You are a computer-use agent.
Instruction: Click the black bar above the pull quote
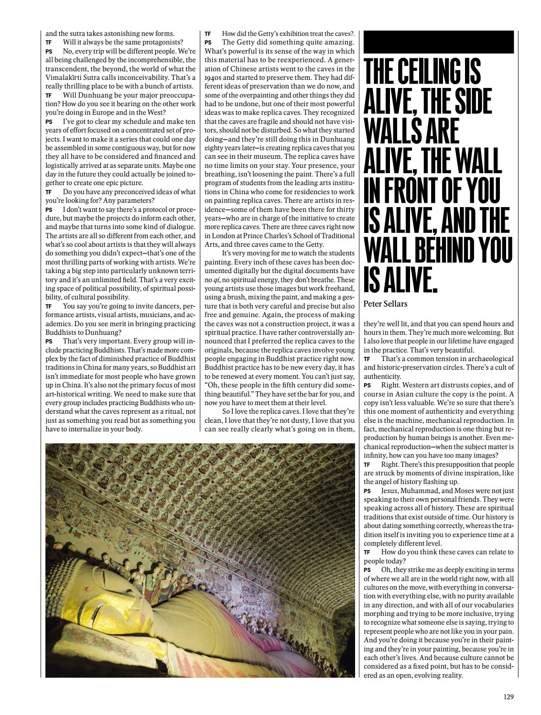(438, 42)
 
